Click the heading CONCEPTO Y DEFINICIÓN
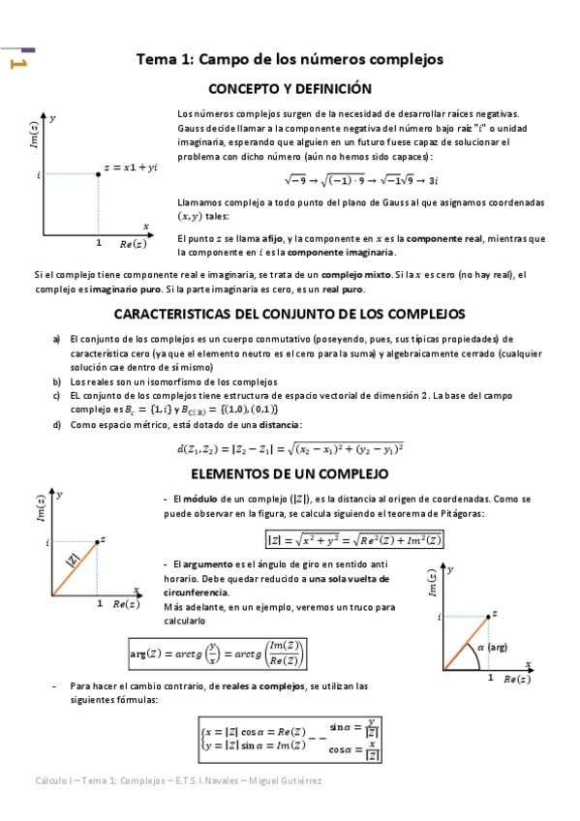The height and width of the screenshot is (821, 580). coord(290,88)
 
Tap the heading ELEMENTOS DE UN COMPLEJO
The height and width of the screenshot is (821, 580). coord(290,474)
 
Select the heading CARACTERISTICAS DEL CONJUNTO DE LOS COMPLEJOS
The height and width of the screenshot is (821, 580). coord(290,314)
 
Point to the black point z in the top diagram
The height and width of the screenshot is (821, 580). coord(99,174)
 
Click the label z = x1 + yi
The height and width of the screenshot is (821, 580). coord(132,167)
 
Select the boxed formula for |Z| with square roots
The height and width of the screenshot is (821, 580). coord(353,540)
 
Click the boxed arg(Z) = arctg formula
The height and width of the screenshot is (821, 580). coord(219,654)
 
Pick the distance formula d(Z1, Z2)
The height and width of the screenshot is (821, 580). coord(290,447)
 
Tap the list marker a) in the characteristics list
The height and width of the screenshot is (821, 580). coord(57,340)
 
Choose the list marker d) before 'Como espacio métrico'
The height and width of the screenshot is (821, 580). coord(57,424)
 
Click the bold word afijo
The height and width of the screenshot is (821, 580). coord(271,238)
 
